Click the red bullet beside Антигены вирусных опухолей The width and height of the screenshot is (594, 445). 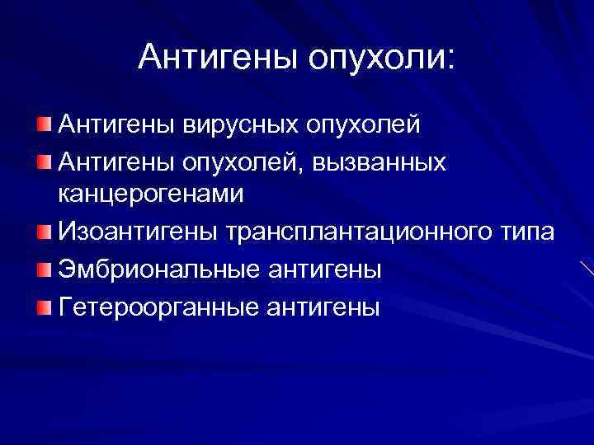(43, 124)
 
